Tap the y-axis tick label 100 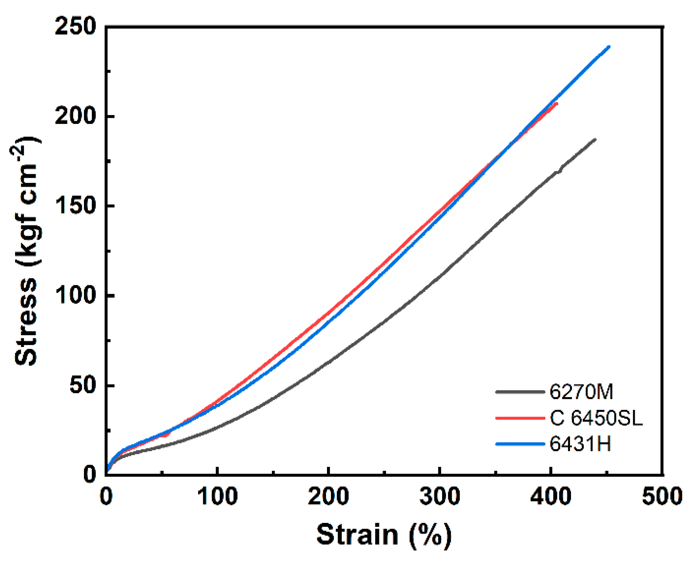(x=76, y=295)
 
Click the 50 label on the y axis (x=83, y=385)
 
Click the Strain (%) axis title (x=384, y=535)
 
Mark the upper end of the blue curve (x=609, y=47)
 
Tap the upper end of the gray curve (x=595, y=139)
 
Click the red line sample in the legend (x=520, y=418)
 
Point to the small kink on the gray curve (x=559, y=171)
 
